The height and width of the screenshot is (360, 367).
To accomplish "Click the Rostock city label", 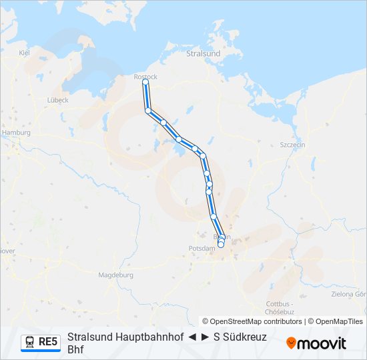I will pyautogui.click(x=145, y=77).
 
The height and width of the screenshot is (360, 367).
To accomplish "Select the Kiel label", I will pyautogui.click(x=25, y=52).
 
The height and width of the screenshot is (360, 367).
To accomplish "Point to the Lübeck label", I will pyautogui.click(x=58, y=100).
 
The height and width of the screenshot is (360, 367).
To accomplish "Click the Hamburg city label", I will pyautogui.click(x=17, y=133).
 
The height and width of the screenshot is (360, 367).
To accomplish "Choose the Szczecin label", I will pyautogui.click(x=292, y=145).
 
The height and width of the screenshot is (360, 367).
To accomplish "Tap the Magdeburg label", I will pyautogui.click(x=115, y=275).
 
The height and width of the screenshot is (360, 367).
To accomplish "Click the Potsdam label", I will pyautogui.click(x=204, y=248).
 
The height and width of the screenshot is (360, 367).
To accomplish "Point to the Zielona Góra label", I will pyautogui.click(x=349, y=293).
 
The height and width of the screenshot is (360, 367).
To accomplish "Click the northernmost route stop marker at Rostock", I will pyautogui.click(x=145, y=83).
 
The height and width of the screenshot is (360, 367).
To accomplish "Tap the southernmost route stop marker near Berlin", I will pyautogui.click(x=221, y=245).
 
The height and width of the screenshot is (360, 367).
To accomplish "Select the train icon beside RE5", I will pyautogui.click(x=31, y=343).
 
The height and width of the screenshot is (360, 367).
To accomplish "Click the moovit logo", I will pyautogui.click(x=316, y=343).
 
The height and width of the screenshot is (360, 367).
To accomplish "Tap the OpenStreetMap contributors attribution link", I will pyautogui.click(x=255, y=321).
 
